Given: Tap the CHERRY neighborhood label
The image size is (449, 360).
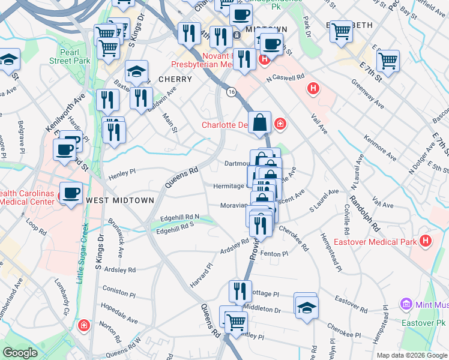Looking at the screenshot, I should click(x=175, y=79).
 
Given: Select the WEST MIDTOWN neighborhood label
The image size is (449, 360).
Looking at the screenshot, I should click(x=120, y=199).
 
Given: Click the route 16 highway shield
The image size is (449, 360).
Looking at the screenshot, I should click(x=231, y=92).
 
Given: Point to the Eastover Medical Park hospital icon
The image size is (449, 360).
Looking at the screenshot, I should click(x=426, y=242).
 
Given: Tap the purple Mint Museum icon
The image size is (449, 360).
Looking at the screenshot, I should click(x=406, y=305).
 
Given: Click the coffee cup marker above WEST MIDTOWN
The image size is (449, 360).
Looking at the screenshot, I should click(x=71, y=193).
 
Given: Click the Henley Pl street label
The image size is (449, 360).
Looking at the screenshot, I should click(x=122, y=173).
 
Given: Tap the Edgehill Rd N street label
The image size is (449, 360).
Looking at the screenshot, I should click(x=179, y=217).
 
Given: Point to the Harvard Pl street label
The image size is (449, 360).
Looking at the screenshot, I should click(x=201, y=274).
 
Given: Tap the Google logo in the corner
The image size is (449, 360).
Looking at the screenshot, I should click(x=20, y=353).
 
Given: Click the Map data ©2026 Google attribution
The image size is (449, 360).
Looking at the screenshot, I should click(x=412, y=355).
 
